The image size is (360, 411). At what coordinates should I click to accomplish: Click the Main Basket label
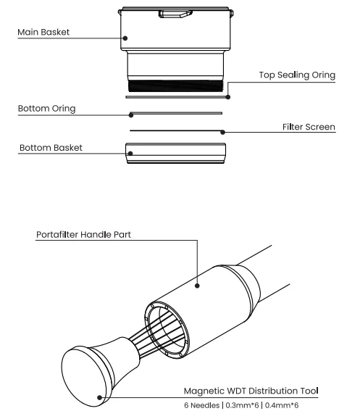coord(43,32)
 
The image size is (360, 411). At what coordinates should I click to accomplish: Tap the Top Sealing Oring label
coord(297,75)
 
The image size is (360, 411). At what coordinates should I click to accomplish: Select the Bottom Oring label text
coord(46,109)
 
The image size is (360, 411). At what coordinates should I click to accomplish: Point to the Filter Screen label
coord(309,127)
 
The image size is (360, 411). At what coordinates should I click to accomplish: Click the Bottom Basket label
coord(51,148)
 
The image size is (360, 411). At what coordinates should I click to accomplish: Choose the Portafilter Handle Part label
coord(83,234)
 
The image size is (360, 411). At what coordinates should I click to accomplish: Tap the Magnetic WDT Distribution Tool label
coord(251,391)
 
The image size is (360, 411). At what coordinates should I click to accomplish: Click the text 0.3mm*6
coord(242,405)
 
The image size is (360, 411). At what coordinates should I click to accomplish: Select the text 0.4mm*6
coord(282,405)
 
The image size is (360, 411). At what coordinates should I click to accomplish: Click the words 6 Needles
coord(202,405)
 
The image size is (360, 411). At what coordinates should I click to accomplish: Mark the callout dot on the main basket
coord(125,38)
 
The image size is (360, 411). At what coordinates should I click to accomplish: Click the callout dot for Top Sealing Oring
coord(228,97)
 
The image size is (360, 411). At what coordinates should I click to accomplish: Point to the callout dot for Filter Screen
coord(222,132)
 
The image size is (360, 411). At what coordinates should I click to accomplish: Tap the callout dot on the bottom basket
coord(130,154)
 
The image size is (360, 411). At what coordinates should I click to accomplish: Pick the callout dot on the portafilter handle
coord(197,286)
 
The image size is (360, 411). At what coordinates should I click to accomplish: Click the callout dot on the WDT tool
coord(99,398)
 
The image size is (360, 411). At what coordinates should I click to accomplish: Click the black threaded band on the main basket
coord(175,86)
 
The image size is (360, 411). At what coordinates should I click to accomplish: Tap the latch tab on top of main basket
coord(175,14)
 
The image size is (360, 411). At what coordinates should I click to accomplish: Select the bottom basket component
coord(175,154)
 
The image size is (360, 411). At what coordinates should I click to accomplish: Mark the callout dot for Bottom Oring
coord(131,115)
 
